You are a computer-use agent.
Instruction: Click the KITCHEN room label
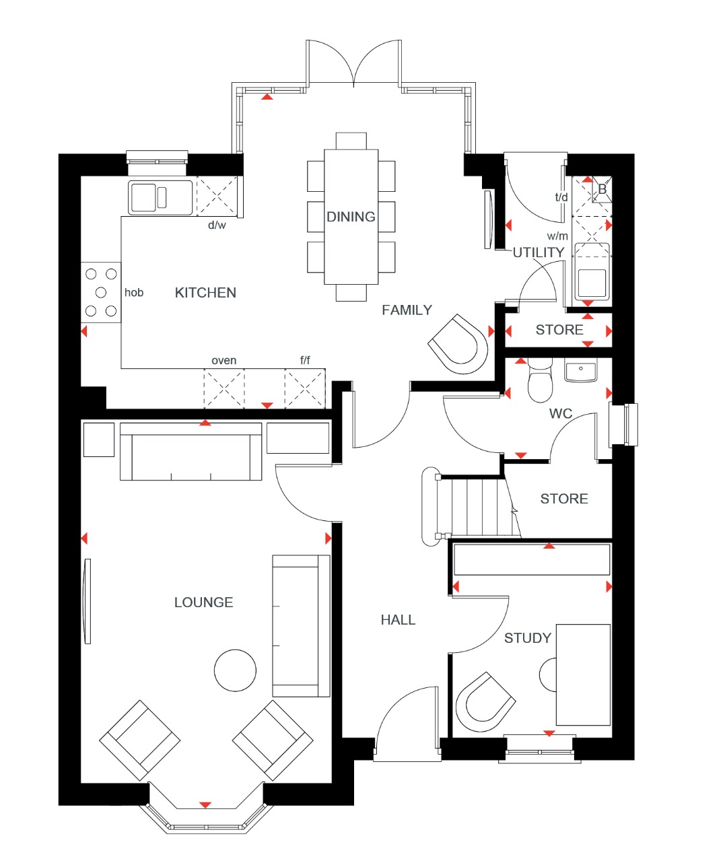pos(205,293)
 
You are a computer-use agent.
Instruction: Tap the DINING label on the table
pos(351,217)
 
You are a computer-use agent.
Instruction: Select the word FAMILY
pos(407,310)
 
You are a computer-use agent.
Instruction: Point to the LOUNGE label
pos(203,602)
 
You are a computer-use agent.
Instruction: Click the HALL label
pos(398,620)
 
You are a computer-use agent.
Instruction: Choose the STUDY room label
pos(527,638)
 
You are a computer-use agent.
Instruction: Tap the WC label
pos(561,413)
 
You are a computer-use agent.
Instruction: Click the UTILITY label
pos(539,252)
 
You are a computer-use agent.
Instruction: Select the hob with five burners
pos(101,292)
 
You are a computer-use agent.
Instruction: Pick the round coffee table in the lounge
pos(235,670)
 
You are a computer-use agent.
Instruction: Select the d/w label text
pos(217,226)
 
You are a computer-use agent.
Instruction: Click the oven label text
pos(223,361)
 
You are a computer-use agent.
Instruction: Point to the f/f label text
pos(305,361)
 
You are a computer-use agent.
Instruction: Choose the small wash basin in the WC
pos(580,372)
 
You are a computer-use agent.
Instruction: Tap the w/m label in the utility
pos(557,236)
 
